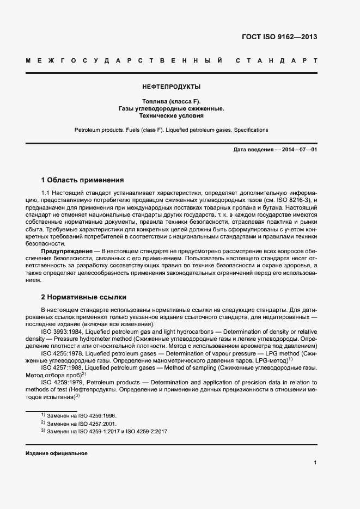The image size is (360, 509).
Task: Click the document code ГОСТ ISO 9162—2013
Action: click(x=279, y=37)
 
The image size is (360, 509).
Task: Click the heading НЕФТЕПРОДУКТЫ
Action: click(x=171, y=86)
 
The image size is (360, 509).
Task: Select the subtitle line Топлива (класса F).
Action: click(x=171, y=101)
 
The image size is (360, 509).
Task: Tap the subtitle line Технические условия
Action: click(x=171, y=116)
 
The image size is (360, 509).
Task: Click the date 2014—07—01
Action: click(x=299, y=149)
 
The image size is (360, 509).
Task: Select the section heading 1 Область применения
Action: click(x=83, y=180)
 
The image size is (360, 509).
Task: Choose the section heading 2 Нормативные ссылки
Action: click(x=84, y=297)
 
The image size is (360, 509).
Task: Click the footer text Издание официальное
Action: click(x=57, y=453)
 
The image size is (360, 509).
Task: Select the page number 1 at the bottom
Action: click(x=315, y=463)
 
